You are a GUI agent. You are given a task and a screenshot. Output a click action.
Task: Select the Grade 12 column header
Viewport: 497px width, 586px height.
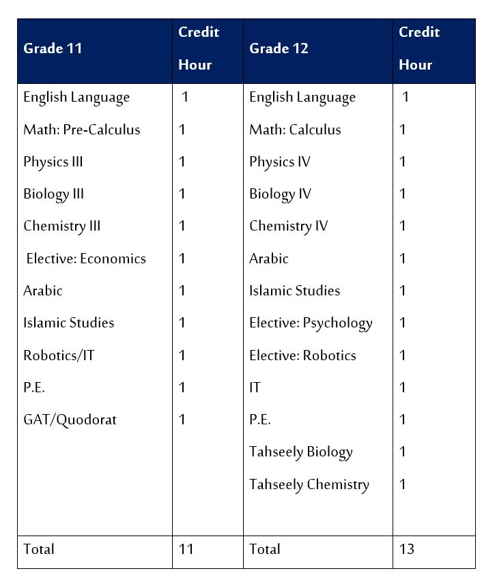pyautogui.click(x=279, y=48)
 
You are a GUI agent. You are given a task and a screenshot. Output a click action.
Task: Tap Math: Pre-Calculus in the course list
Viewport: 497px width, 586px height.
pyautogui.click(x=81, y=130)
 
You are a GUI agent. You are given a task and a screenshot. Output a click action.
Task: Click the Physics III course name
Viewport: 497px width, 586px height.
pyautogui.click(x=53, y=162)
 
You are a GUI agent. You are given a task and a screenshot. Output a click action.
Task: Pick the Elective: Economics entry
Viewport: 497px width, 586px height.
pyautogui.click(x=86, y=259)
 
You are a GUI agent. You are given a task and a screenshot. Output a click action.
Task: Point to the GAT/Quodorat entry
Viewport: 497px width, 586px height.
pyautogui.click(x=70, y=420)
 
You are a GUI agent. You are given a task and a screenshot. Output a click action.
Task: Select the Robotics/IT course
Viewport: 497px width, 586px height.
pyautogui.click(x=59, y=355)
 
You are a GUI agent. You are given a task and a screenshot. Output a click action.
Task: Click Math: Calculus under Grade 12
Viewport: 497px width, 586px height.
pyautogui.click(x=295, y=130)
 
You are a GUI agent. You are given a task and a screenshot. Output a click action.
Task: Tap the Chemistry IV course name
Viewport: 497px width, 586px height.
pyautogui.click(x=288, y=226)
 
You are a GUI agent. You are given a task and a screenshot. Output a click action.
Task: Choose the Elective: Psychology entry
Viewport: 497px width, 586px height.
pyautogui.click(x=311, y=323)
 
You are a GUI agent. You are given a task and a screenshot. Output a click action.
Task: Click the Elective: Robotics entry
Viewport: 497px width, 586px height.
pyautogui.click(x=302, y=355)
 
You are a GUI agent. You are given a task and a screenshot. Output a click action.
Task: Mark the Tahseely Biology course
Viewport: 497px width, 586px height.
pyautogui.click(x=300, y=452)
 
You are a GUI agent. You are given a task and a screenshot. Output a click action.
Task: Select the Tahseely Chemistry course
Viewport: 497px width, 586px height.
pyautogui.click(x=309, y=484)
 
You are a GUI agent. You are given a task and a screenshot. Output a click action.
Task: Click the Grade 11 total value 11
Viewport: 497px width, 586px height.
pyautogui.click(x=186, y=549)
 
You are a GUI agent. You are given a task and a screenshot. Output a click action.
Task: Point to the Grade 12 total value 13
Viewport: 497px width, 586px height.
pyautogui.click(x=407, y=549)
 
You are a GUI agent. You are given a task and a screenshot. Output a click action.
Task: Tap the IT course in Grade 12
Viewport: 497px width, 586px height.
pyautogui.click(x=255, y=387)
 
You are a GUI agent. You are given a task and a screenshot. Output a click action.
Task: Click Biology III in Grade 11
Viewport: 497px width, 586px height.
pyautogui.click(x=53, y=194)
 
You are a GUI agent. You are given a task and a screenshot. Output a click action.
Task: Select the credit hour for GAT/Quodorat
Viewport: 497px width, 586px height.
pyautogui.click(x=182, y=420)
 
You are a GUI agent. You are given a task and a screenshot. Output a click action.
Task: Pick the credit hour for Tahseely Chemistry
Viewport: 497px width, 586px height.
pyautogui.click(x=403, y=484)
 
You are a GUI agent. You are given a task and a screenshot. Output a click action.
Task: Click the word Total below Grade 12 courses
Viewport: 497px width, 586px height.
pyautogui.click(x=265, y=549)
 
